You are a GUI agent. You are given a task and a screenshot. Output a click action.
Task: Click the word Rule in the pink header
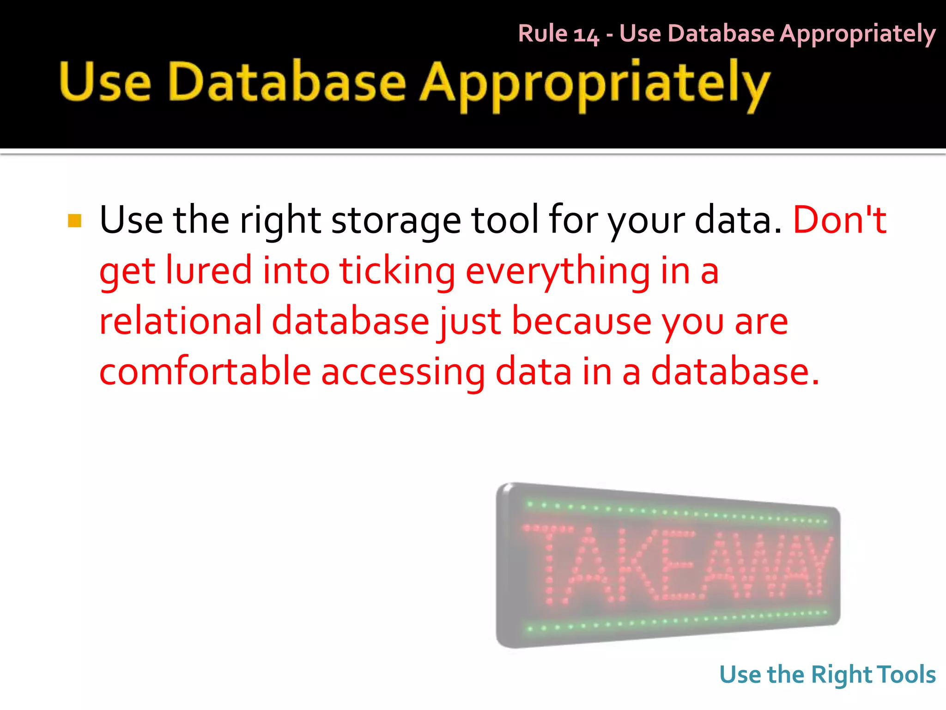pyautogui.click(x=542, y=34)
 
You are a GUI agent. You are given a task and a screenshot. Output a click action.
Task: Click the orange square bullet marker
pyautogui.click(x=74, y=220)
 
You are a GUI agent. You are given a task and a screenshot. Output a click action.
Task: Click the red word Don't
pyautogui.click(x=839, y=220)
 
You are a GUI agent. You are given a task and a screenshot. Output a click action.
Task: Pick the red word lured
pyautogui.click(x=209, y=270)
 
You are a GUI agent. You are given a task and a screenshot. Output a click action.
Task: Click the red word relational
pyautogui.click(x=181, y=321)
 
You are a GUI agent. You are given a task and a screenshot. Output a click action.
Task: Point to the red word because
pyautogui.click(x=582, y=321)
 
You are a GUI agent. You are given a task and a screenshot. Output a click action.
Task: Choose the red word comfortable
pyautogui.click(x=205, y=372)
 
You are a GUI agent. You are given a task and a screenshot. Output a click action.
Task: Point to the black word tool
pyautogui.click(x=505, y=220)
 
